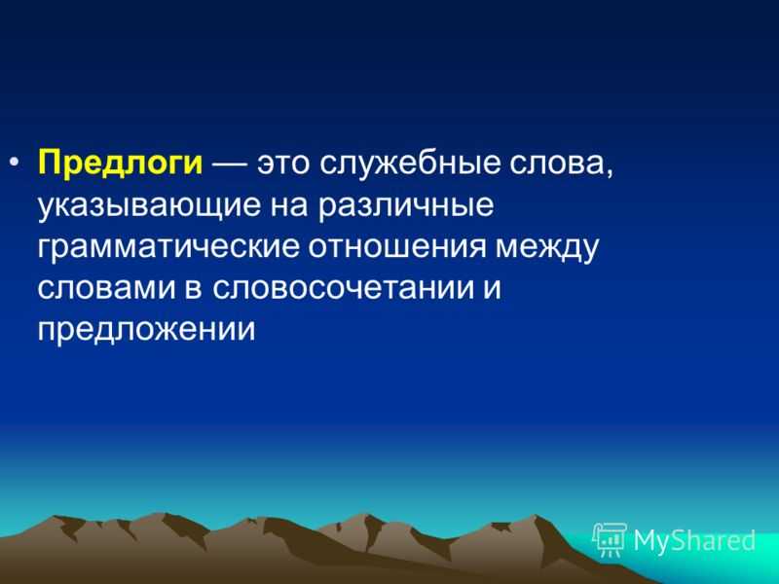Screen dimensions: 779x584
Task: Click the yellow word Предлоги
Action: (x=120, y=164)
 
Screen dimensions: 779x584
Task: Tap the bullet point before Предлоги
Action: (x=15, y=163)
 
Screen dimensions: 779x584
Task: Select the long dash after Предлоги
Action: (x=230, y=164)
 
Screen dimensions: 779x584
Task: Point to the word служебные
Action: (x=409, y=163)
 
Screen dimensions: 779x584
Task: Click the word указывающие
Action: (x=149, y=206)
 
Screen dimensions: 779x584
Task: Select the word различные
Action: (x=406, y=206)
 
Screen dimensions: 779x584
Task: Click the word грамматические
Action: (x=168, y=248)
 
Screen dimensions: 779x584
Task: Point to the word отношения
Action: (x=397, y=248)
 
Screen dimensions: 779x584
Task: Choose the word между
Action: (x=547, y=249)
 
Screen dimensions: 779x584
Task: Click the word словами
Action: (x=107, y=289)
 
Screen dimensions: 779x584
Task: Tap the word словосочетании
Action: (x=344, y=289)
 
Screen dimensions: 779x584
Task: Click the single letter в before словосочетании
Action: (x=194, y=289)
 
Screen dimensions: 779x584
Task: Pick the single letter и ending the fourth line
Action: (x=492, y=289)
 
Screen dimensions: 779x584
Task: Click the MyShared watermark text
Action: (x=694, y=540)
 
